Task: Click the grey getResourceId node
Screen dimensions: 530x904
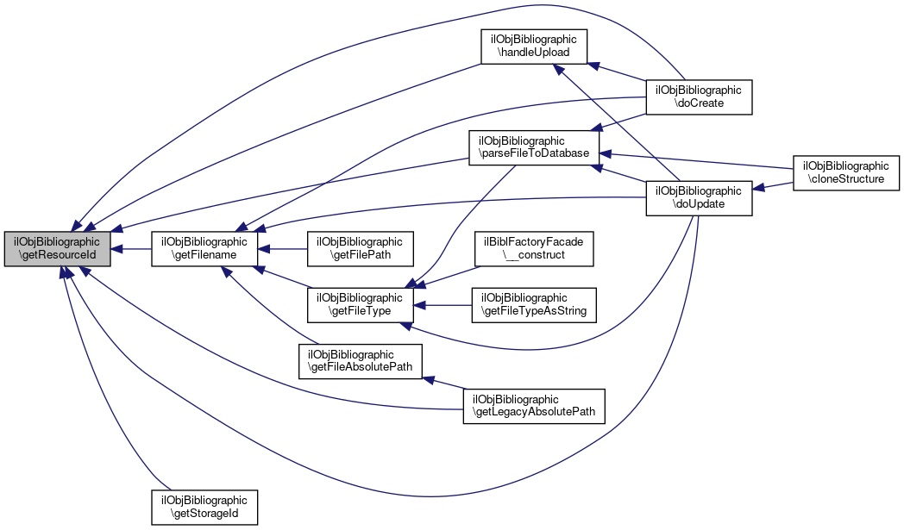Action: coord(58,249)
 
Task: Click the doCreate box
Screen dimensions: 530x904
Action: coord(700,97)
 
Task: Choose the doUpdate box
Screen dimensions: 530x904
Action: coord(700,197)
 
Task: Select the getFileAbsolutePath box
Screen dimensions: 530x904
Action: coord(360,361)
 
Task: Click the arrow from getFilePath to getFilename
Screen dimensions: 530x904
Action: coord(284,249)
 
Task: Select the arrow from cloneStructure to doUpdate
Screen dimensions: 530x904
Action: coord(774,189)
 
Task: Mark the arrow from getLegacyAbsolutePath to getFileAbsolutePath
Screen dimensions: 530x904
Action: coord(445,383)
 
